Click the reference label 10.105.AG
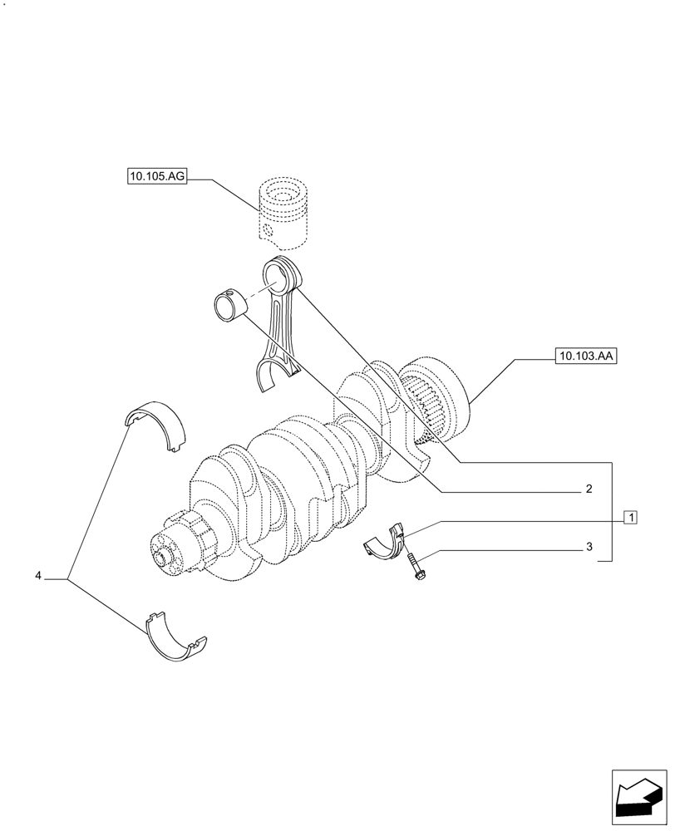point(156,176)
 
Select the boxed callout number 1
point(631,518)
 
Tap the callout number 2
point(588,489)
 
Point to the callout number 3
point(588,547)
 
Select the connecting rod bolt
point(413,567)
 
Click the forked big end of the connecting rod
point(272,376)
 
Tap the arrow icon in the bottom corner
point(638,799)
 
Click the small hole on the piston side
point(266,230)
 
